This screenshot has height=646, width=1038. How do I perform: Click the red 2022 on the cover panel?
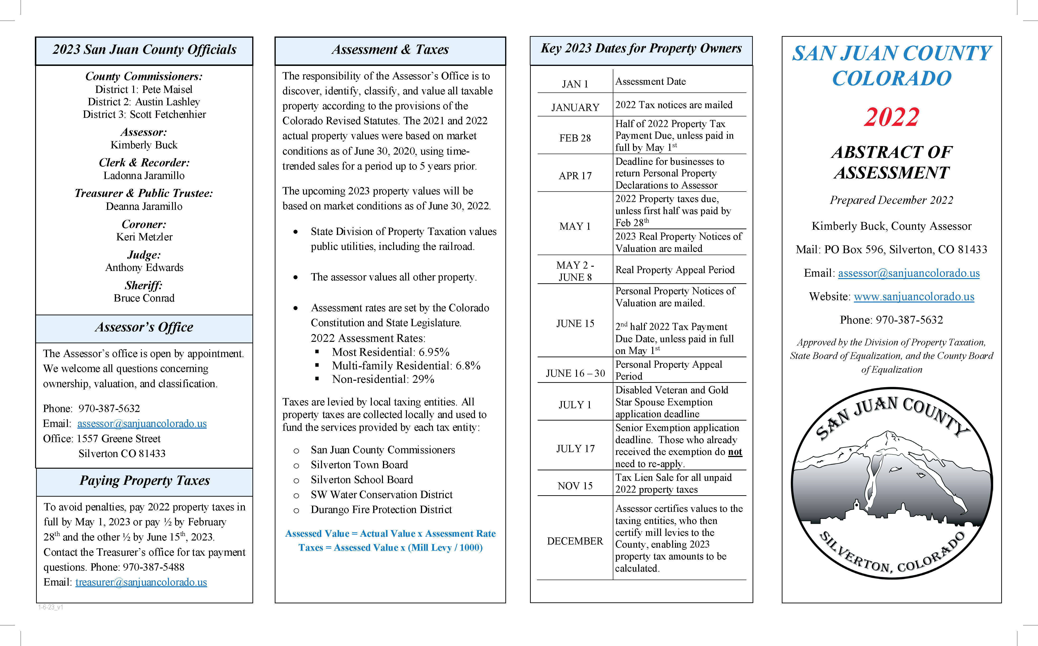click(891, 117)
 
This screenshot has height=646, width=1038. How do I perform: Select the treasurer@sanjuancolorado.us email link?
click(141, 582)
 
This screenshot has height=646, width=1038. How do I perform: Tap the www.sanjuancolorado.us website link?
click(914, 297)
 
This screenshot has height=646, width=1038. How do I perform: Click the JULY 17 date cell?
click(575, 449)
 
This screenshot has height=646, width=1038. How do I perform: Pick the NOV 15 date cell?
click(575, 486)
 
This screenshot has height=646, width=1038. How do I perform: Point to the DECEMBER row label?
click(575, 541)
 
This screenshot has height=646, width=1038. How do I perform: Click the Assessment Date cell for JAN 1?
click(650, 82)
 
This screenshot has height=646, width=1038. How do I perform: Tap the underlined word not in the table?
click(735, 452)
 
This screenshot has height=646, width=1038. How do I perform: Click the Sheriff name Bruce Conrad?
click(144, 298)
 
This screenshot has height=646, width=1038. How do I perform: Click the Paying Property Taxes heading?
click(144, 481)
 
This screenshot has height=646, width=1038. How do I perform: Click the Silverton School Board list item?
click(362, 480)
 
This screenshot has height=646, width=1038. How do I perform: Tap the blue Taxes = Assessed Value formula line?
click(390, 548)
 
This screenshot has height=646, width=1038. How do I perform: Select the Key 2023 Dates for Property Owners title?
click(641, 49)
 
